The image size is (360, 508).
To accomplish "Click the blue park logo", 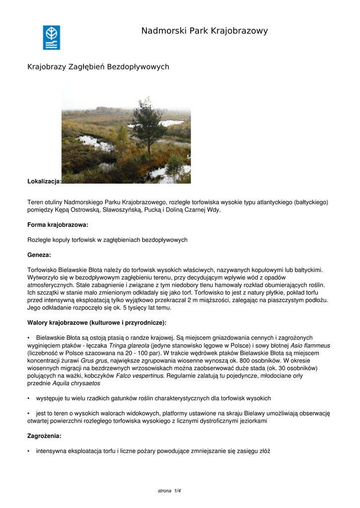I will click(x=51, y=38).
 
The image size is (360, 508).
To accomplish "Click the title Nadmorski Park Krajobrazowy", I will click(x=204, y=31).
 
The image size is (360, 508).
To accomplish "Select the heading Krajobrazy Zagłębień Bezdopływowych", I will click(x=98, y=66).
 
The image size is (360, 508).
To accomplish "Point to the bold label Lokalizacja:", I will click(x=44, y=182).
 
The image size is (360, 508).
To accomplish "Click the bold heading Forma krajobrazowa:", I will click(x=58, y=225).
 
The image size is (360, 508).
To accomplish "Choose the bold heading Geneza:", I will click(x=39, y=254).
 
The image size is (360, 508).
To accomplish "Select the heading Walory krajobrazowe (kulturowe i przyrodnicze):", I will click(x=97, y=322).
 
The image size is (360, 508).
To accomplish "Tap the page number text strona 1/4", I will click(x=169, y=491).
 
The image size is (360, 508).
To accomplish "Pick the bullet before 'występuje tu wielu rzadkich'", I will click(x=29, y=398).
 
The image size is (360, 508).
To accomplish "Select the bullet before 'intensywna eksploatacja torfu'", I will click(x=29, y=451).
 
